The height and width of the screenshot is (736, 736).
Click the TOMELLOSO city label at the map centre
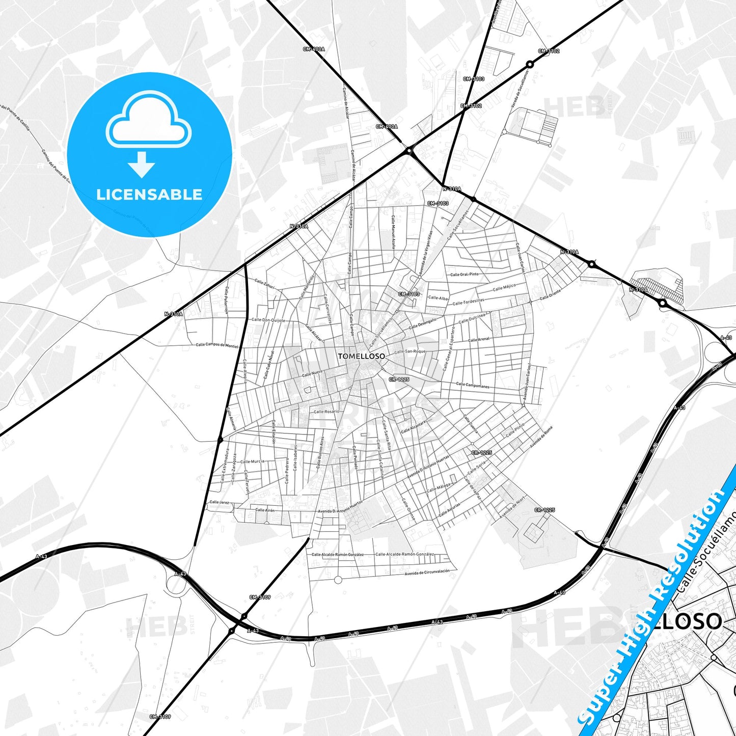point(361,356)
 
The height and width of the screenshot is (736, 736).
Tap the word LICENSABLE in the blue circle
point(149,195)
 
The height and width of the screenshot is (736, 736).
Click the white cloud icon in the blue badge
point(148,120)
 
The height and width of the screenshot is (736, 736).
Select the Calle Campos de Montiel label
point(217,345)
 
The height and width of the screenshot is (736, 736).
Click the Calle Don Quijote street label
point(268,320)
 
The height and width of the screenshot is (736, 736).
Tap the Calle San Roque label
point(410,351)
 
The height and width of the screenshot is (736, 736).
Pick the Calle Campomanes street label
point(473,385)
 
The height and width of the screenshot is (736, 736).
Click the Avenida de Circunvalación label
point(427,572)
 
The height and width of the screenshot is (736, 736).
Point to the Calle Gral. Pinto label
point(465,274)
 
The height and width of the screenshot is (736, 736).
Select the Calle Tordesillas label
point(469,302)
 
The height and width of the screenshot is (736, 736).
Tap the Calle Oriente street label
point(550,295)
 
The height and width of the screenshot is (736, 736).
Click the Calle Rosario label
point(326,412)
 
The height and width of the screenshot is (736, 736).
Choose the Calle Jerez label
point(220,502)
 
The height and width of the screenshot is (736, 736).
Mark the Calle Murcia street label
point(253,461)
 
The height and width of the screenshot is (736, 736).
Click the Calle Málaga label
point(439,487)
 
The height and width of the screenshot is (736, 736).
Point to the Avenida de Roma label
point(540,437)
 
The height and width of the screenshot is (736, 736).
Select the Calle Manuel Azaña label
point(393,231)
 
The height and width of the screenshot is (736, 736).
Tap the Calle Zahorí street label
point(264,284)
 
